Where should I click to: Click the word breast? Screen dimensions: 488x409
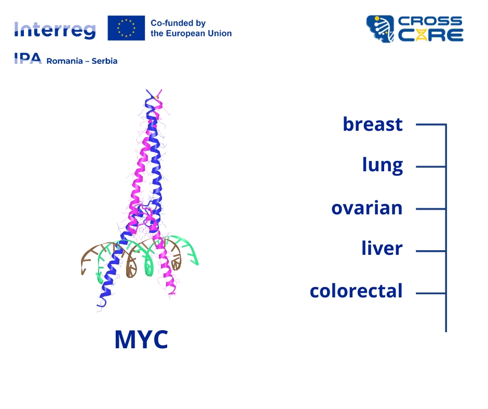point(373,124)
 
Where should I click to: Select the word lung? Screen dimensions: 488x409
point(383,165)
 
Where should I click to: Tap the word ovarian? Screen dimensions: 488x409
point(367,208)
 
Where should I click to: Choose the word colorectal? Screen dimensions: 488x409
point(356,291)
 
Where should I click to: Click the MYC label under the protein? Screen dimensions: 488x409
point(142,339)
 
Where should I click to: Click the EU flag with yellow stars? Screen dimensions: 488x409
point(126,28)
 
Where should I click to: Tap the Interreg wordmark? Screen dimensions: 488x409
point(55,30)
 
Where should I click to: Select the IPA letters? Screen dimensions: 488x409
point(28,59)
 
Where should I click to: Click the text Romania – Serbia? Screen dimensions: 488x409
point(82,61)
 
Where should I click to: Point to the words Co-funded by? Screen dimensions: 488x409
point(178,23)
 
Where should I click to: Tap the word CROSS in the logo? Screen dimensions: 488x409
point(430,21)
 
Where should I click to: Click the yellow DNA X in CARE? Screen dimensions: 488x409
point(421,35)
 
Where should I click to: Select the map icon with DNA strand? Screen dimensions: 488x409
point(380,29)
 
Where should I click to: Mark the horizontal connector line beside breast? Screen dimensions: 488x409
point(431,125)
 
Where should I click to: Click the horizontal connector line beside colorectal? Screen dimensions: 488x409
point(431,293)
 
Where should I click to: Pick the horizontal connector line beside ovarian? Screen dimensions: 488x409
point(431,209)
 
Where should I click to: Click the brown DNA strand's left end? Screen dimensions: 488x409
point(83,274)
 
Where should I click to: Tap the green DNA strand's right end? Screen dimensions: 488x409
point(197,264)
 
